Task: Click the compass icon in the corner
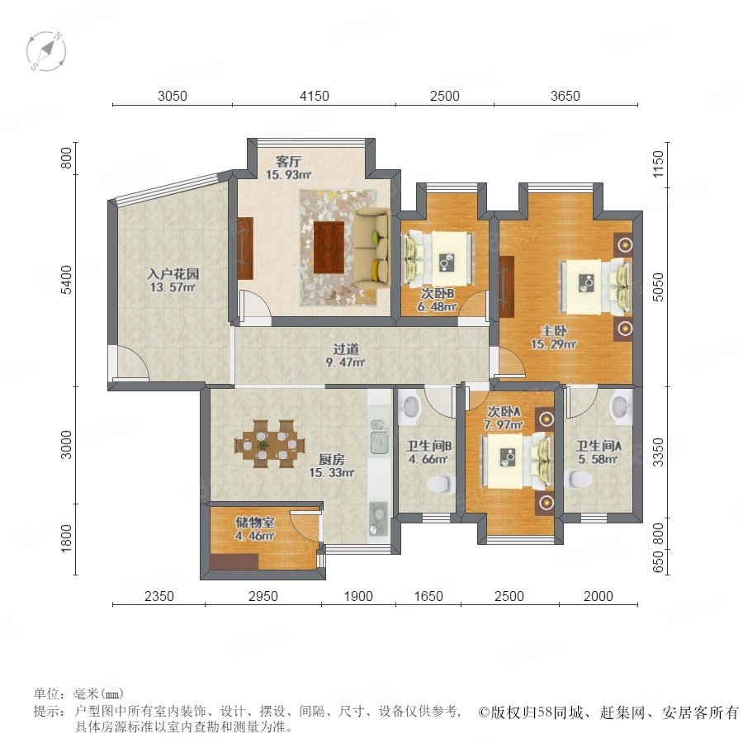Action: coord(46,51)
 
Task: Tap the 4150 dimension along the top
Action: coord(315,97)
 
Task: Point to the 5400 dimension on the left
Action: coord(66,280)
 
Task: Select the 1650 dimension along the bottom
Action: coord(428,596)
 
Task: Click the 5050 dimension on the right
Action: coord(658,286)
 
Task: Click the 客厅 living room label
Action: coord(288,162)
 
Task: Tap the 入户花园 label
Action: coord(173,273)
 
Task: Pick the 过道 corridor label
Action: coord(345,349)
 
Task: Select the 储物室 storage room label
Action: coord(255,523)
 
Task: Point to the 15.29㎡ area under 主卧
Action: coord(553,344)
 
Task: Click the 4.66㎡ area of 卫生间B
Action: coord(428,459)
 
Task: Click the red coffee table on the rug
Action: coord(329,248)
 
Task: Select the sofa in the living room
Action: coord(371,248)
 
